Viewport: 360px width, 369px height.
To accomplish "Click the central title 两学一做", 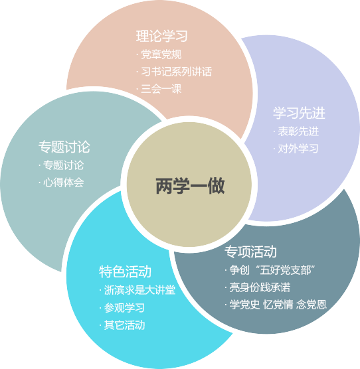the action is click(x=190, y=186).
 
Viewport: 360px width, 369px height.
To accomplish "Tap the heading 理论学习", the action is click(x=162, y=36).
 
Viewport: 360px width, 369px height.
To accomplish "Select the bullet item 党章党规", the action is click(x=161, y=54).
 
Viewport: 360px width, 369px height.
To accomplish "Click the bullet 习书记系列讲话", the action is click(x=177, y=72).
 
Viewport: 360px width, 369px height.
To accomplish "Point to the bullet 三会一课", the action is click(x=161, y=89).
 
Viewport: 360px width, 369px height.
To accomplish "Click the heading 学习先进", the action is click(x=299, y=113).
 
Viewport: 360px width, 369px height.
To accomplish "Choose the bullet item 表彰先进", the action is click(x=298, y=131).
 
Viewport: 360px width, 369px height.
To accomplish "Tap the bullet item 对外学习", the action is click(x=298, y=149).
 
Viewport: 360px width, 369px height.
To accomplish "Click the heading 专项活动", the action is click(x=250, y=252).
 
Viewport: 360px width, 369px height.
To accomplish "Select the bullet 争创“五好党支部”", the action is click(x=272, y=270).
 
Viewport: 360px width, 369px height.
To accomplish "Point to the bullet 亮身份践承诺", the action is click(x=260, y=287).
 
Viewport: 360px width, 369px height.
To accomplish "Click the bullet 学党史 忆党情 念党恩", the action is click(x=278, y=305).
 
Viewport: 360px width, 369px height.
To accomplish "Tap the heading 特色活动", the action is click(x=125, y=271).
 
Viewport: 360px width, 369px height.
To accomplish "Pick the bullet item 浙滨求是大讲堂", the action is click(x=139, y=290).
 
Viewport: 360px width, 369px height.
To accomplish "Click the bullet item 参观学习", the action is click(x=124, y=308).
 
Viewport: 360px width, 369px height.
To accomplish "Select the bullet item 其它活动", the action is click(x=124, y=325).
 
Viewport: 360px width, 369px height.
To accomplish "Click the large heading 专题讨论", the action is click(x=64, y=147).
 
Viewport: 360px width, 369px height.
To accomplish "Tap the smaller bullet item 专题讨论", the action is click(x=64, y=165).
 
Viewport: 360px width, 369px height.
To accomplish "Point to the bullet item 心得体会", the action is click(x=64, y=183).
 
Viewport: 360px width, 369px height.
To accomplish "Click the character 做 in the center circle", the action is click(x=216, y=186).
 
